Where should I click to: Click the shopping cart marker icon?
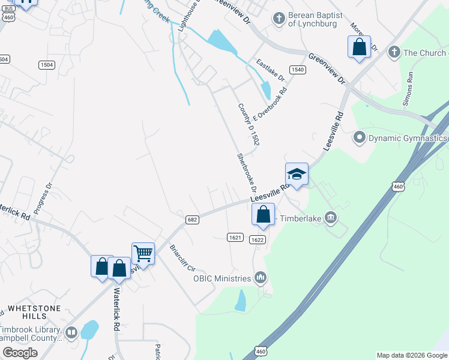pyautogui.click(x=143, y=253)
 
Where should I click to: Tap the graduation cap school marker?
pyautogui.click(x=297, y=174)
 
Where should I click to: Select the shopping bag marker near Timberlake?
pyautogui.click(x=263, y=214)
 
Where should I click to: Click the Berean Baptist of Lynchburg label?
pyautogui.click(x=310, y=19)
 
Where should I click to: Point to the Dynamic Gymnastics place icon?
pyautogui.click(x=360, y=138)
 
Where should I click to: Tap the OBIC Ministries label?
pyautogui.click(x=221, y=278)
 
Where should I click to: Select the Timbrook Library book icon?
pyautogui.click(x=71, y=332)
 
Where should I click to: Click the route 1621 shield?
pyautogui.click(x=235, y=238)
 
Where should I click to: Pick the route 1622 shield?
pyautogui.click(x=258, y=239)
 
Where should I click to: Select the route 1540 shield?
pyautogui.click(x=297, y=70)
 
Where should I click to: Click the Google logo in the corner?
pyautogui.click(x=20, y=353)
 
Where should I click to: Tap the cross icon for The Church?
pyautogui.click(x=394, y=53)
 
